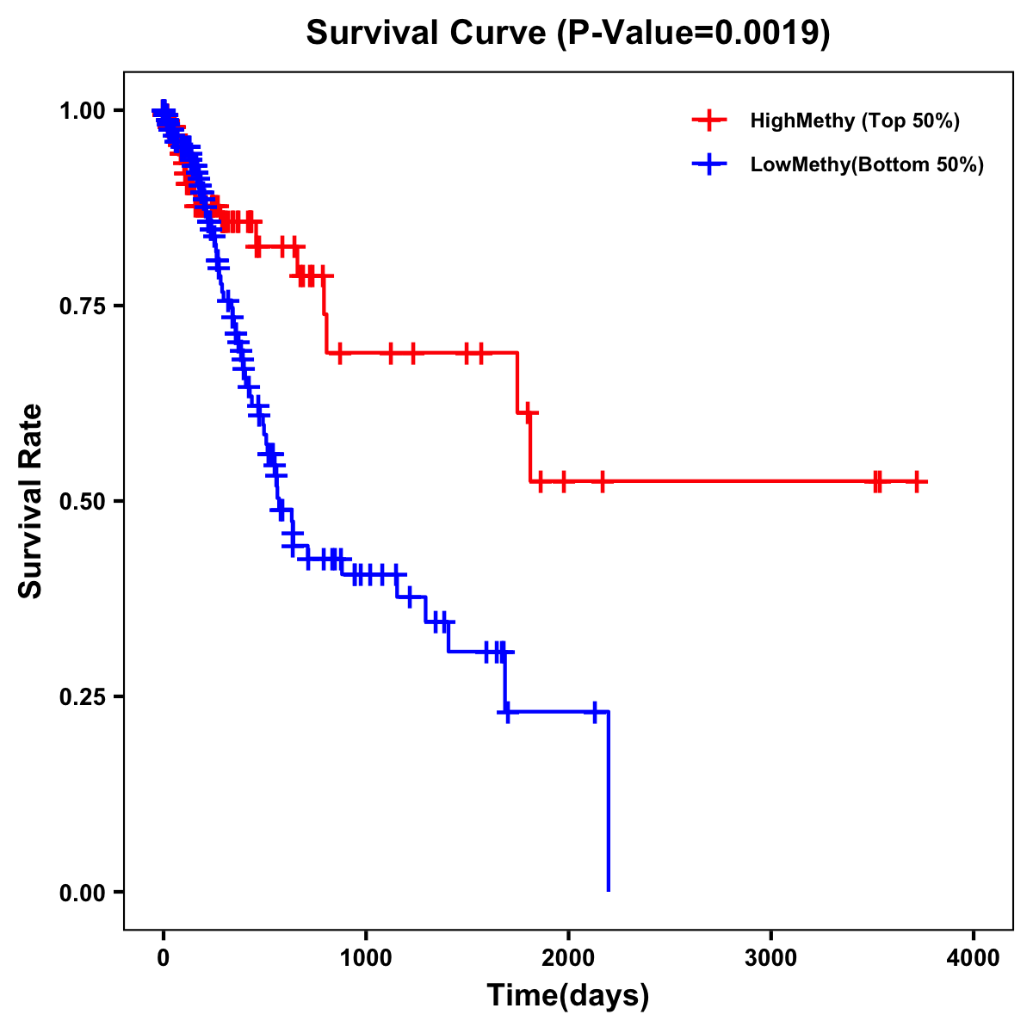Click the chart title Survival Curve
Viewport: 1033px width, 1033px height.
(426, 34)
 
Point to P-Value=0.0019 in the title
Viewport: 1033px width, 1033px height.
(694, 34)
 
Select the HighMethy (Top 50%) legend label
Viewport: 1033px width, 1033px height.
(854, 121)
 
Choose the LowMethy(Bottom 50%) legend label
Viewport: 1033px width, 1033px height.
(867, 164)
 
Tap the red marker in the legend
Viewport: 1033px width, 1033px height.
(709, 121)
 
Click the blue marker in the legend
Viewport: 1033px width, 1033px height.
(709, 164)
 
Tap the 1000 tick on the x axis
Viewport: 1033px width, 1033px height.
(366, 958)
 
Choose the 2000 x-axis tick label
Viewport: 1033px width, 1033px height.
(568, 958)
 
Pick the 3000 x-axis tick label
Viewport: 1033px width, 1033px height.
(771, 958)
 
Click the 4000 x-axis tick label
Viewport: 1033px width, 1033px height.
(974, 958)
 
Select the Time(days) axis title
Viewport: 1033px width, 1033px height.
(568, 996)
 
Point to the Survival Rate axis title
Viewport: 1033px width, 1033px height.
(32, 501)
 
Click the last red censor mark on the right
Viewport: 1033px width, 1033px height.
(918, 481)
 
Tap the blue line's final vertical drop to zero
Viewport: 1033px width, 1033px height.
(609, 801)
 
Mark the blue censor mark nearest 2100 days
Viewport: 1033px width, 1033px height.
(594, 712)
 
